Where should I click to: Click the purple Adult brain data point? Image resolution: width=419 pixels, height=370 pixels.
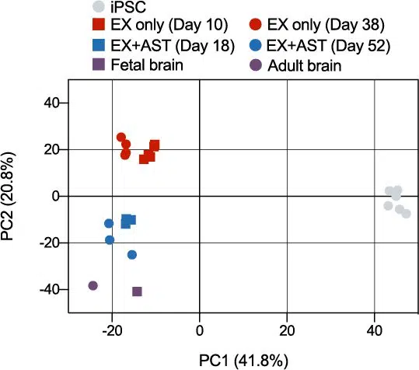tap(93, 285)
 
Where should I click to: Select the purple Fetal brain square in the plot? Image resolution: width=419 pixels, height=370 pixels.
tap(137, 291)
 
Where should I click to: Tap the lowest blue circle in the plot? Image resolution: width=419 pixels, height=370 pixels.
tap(132, 255)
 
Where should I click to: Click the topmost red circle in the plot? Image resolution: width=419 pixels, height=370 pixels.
tap(121, 138)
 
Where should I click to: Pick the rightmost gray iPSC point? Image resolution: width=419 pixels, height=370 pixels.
tap(406, 214)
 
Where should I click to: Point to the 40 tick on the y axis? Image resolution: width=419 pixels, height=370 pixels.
tap(52, 103)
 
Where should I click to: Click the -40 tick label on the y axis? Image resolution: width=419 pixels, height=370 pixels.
tap(50, 290)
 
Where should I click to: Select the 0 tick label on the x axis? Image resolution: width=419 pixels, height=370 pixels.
tap(200, 330)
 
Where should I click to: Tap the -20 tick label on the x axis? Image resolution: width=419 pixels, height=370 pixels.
tap(112, 330)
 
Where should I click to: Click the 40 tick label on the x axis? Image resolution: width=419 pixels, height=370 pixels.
tap(375, 330)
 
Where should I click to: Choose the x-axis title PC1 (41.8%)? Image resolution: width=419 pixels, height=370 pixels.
tap(244, 361)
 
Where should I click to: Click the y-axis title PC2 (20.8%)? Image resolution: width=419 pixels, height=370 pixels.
tap(7, 197)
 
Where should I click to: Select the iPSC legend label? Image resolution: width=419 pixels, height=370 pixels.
tap(128, 7)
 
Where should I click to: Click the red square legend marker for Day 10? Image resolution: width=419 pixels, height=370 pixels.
tap(99, 24)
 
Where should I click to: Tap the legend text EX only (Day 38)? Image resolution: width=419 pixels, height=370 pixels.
tap(326, 25)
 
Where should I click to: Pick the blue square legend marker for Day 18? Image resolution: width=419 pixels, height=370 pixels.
tap(99, 44)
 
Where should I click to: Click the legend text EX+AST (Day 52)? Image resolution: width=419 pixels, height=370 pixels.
tap(328, 46)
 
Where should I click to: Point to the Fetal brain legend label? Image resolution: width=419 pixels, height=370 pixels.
tap(147, 65)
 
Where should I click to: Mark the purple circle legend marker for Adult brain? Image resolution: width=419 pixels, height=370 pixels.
tap(256, 65)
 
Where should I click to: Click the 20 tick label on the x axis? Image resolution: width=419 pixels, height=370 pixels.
tap(287, 330)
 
